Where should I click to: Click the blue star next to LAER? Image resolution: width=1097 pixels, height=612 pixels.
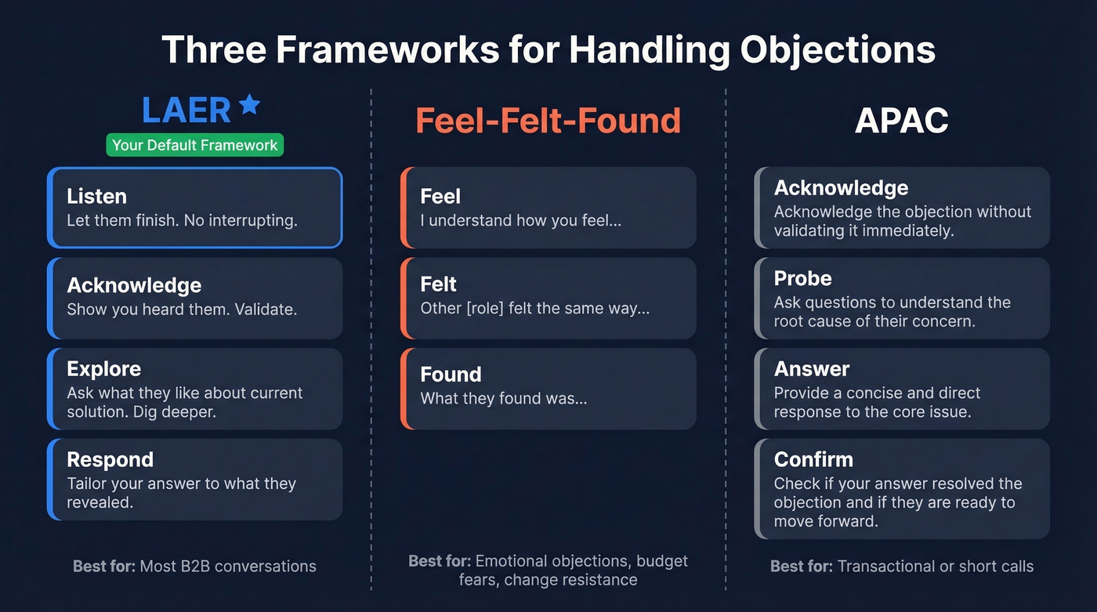pyautogui.click(x=249, y=104)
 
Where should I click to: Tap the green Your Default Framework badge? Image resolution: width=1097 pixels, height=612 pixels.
pyautogui.click(x=194, y=145)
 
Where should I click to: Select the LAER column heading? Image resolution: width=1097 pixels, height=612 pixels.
pyautogui.click(x=186, y=110)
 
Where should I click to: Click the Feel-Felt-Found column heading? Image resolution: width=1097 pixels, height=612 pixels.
pyautogui.click(x=548, y=121)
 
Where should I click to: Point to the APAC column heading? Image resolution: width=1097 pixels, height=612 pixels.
pyautogui.click(x=901, y=121)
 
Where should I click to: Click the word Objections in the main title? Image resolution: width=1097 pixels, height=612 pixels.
pyautogui.click(x=838, y=49)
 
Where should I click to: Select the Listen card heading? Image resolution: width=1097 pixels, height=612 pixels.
pyautogui.click(x=96, y=196)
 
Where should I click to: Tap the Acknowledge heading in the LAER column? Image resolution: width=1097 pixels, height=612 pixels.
pyautogui.click(x=134, y=285)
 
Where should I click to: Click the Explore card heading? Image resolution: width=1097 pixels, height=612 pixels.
pyautogui.click(x=103, y=369)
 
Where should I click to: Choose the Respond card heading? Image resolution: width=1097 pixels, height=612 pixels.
pyautogui.click(x=110, y=459)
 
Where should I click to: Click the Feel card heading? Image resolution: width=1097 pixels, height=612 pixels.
pyautogui.click(x=440, y=196)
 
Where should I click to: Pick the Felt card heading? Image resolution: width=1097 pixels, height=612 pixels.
pyautogui.click(x=438, y=284)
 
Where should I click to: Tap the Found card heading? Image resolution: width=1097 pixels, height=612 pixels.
pyautogui.click(x=451, y=375)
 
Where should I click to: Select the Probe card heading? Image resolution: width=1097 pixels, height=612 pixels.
pyautogui.click(x=802, y=278)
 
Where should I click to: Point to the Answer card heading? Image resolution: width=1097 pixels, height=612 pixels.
pyautogui.click(x=812, y=369)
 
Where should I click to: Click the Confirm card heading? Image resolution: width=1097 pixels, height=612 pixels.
pyautogui.click(x=813, y=459)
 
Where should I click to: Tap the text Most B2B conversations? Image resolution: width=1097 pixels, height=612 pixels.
pyautogui.click(x=228, y=566)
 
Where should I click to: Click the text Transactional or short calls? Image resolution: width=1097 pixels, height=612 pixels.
pyautogui.click(x=936, y=566)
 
